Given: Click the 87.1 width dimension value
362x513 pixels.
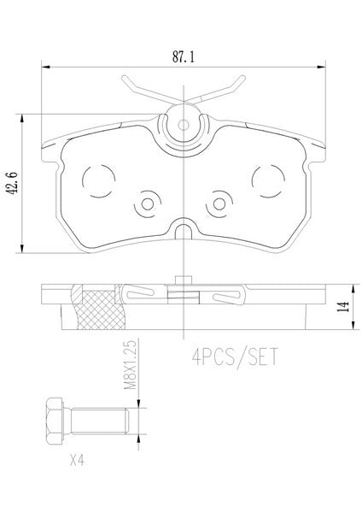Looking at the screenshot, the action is pos(184,57).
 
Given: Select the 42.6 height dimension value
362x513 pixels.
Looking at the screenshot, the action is pos(13,184).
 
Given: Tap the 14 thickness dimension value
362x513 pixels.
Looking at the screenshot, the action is pos(343,307).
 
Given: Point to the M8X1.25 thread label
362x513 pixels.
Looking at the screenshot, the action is pos(130,365).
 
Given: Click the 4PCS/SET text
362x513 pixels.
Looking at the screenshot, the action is pos(235,357).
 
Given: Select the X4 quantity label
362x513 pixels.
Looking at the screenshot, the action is pos(77,461).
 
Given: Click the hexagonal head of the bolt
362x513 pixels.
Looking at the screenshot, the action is pos(55,421).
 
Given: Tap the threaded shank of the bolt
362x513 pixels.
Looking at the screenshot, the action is pos(100,421).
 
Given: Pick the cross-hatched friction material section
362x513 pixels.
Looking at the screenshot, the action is pos(101,310).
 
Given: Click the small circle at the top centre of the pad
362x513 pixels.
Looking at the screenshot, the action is pos(184,125).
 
